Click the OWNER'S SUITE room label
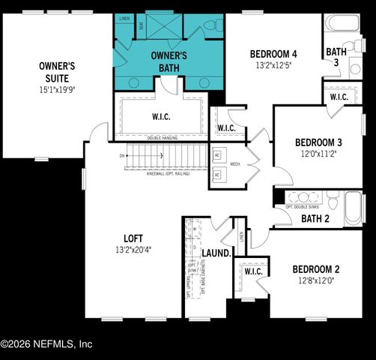(53, 72)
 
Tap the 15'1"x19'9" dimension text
(53, 90)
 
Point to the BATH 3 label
(336, 57)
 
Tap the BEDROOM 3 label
(318, 142)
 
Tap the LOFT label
(133, 238)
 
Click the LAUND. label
(216, 253)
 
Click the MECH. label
(234, 164)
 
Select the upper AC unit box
(217, 154)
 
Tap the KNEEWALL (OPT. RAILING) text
(168, 173)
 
